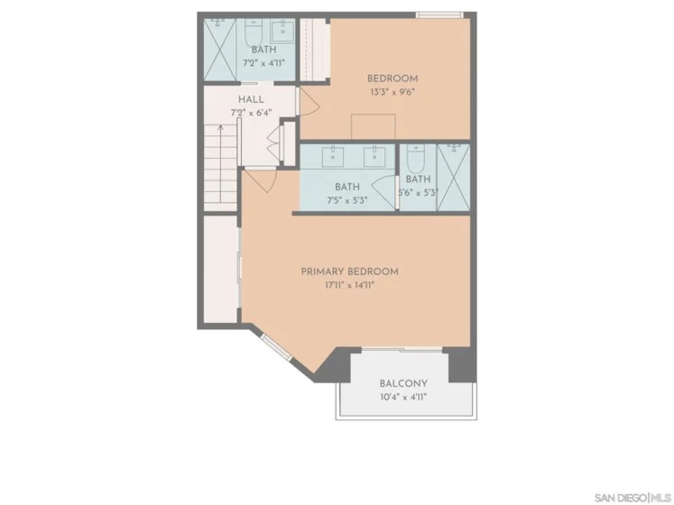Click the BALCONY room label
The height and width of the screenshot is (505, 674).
point(403,383)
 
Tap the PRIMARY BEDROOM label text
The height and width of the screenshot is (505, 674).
point(349,271)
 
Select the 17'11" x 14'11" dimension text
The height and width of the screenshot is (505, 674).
point(350,285)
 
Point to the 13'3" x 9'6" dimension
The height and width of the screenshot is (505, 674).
point(392,92)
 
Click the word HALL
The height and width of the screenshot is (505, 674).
point(251,100)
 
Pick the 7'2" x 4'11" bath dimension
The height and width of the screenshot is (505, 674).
point(264,63)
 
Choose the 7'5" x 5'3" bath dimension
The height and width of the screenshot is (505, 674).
point(347,200)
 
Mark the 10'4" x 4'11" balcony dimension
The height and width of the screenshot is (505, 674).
point(403,397)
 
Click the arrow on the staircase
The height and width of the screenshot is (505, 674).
point(220,163)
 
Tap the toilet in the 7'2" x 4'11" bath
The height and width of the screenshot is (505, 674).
point(254,33)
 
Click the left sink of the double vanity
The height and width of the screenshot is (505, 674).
point(333,156)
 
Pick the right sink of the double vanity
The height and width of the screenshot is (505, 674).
point(374,156)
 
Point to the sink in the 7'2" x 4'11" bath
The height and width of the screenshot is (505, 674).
point(282,31)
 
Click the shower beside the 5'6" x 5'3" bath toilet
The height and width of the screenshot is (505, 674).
point(454,178)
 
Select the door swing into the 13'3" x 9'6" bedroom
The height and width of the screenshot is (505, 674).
point(309,101)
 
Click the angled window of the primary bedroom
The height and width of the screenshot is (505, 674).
point(277,348)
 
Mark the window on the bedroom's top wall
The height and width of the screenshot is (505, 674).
point(439,15)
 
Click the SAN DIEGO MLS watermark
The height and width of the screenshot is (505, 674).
point(632,498)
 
